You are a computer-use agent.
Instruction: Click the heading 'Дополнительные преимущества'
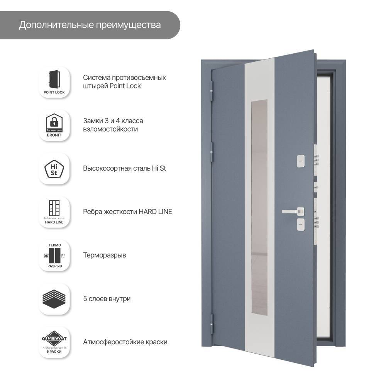90,25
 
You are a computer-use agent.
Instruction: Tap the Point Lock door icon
54,82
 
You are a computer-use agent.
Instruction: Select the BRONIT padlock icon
54,125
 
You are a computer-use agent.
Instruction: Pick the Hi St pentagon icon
54,169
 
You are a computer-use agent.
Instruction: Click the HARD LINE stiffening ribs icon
54,212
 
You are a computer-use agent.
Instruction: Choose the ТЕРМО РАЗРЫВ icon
54,256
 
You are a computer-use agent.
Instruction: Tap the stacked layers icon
54,299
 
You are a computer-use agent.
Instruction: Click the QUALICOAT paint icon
54,342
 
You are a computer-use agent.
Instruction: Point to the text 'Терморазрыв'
105,256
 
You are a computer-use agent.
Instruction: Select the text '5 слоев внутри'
107,299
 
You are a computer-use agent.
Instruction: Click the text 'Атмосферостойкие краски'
125,342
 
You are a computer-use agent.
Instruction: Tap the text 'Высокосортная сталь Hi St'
125,169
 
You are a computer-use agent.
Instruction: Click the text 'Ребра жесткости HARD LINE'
127,212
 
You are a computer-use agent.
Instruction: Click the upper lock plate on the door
300,161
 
